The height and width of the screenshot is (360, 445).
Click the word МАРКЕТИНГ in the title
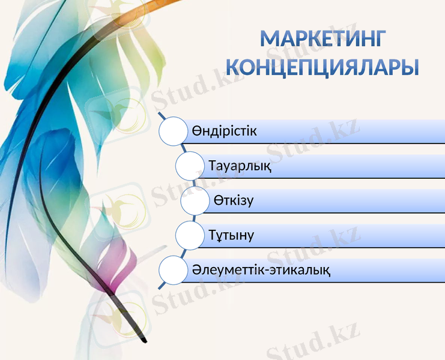322,38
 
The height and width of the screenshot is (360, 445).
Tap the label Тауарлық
240,166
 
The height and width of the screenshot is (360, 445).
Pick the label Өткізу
233,200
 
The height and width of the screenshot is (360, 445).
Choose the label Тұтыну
231,235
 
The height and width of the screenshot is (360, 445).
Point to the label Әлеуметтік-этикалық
261,269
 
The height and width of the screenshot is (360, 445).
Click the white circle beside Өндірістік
173,131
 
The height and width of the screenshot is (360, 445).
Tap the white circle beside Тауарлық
190,166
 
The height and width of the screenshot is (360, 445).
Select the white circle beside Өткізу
195,200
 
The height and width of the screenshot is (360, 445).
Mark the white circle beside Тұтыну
190,235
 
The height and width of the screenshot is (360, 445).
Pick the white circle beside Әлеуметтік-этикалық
173,270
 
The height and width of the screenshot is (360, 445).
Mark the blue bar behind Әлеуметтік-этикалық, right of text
390,270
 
